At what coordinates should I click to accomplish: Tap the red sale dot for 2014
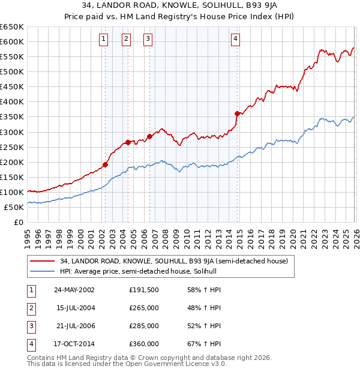(238, 113)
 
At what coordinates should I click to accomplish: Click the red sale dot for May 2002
(105, 164)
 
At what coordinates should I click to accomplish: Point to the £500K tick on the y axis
(11, 71)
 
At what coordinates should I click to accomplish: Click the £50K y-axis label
(14, 207)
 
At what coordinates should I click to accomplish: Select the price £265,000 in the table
(144, 308)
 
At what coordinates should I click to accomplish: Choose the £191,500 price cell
(144, 290)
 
